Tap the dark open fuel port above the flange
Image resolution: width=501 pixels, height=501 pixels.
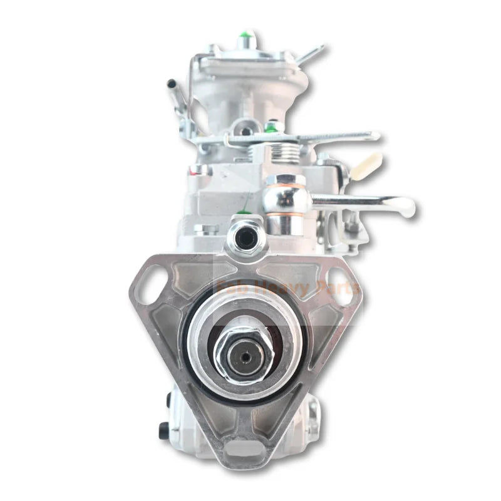(x=245, y=236)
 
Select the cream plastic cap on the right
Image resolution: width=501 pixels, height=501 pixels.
(x=369, y=165)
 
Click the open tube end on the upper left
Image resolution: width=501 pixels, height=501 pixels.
(x=170, y=84)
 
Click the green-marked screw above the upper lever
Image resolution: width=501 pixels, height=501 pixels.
(x=271, y=127)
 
